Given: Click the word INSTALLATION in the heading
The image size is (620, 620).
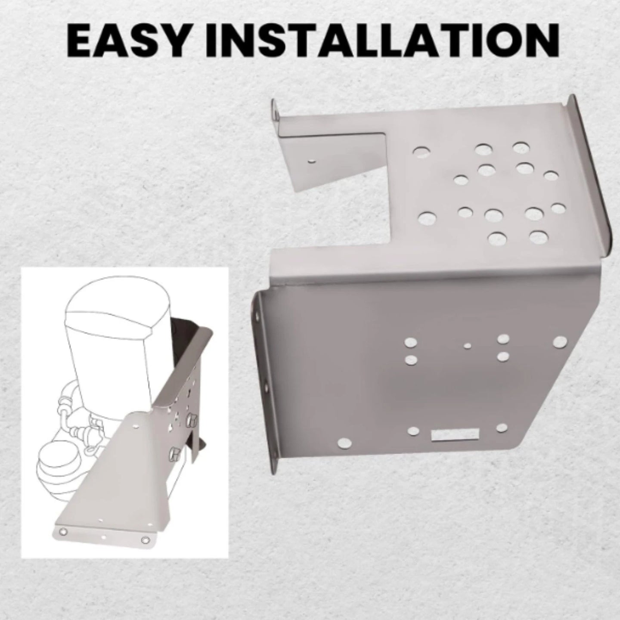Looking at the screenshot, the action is pyautogui.click(x=382, y=40).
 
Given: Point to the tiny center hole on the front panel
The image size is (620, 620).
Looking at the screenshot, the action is pyautogui.click(x=468, y=346).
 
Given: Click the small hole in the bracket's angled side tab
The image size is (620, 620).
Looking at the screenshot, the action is pyautogui.click(x=311, y=161).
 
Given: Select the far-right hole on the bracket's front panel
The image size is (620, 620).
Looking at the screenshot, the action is pyautogui.click(x=560, y=342).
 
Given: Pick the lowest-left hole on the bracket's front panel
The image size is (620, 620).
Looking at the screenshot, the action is pyautogui.click(x=344, y=444).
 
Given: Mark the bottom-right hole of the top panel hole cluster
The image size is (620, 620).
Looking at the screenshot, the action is pyautogui.click(x=538, y=237).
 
